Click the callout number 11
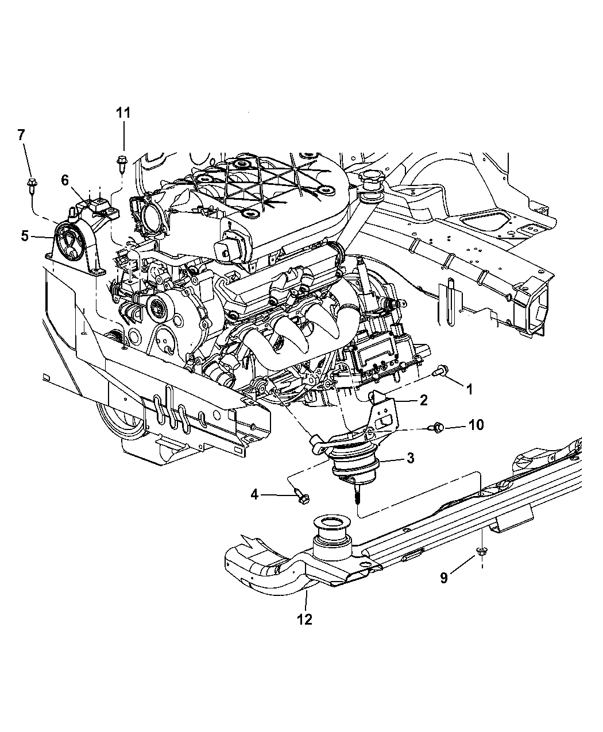click(x=123, y=113)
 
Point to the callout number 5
click(x=25, y=235)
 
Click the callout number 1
click(x=469, y=389)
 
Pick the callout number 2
click(x=423, y=401)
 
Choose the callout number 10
click(x=476, y=425)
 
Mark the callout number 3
click(x=410, y=458)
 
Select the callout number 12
click(x=304, y=619)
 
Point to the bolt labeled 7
click(x=30, y=185)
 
